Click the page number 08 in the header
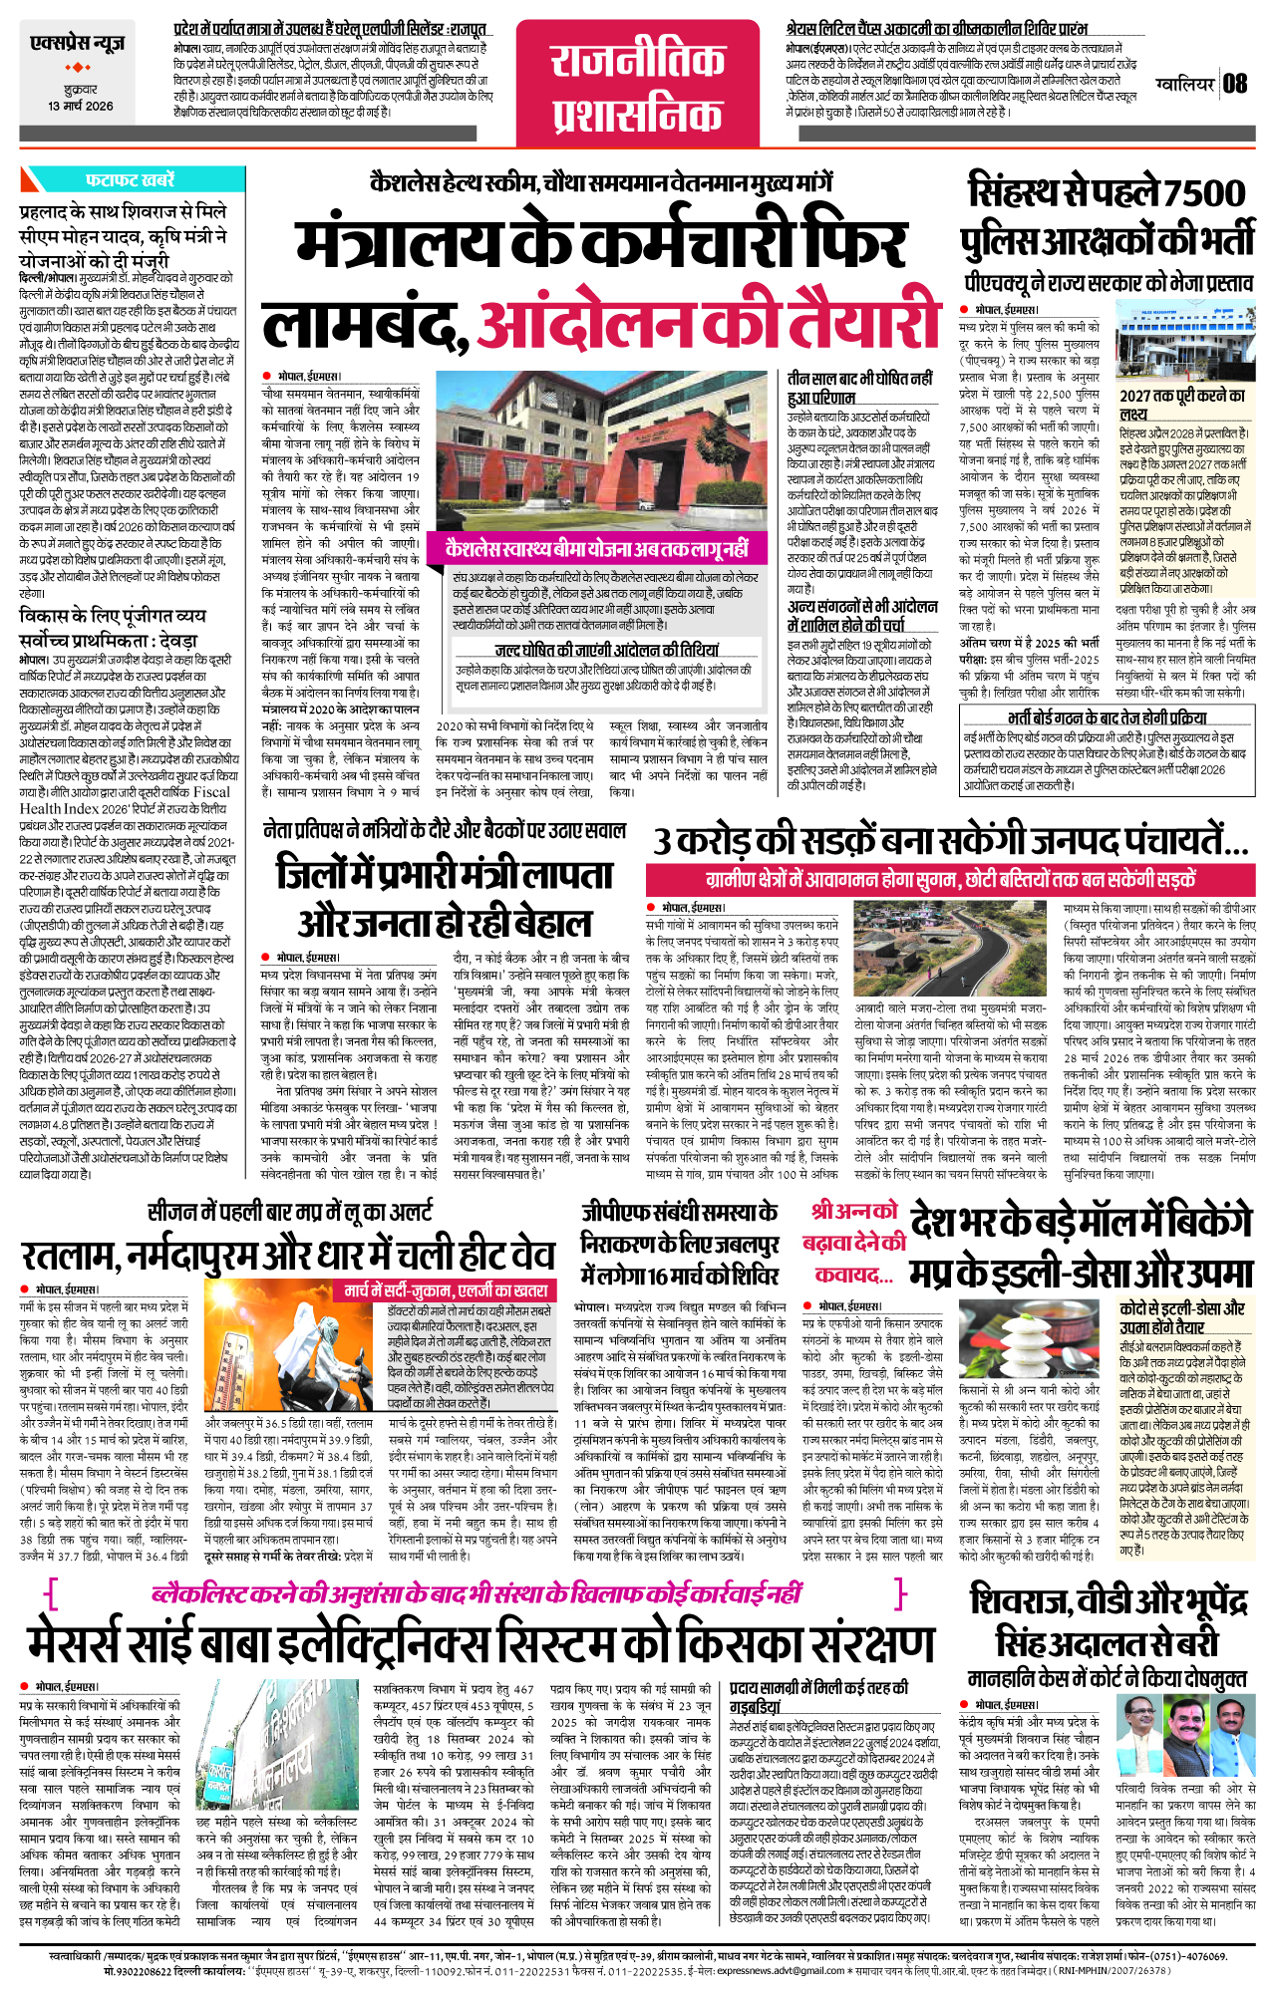tap(1235, 83)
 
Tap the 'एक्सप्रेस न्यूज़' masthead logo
tap(78, 44)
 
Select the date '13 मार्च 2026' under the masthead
tap(81, 106)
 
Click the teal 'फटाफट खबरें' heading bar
tap(131, 179)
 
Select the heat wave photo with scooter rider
tap(294, 1344)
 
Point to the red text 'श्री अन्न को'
tap(853, 1212)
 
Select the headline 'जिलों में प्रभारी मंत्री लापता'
tap(444, 874)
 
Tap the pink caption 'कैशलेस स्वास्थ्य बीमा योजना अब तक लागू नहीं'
tap(596, 549)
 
